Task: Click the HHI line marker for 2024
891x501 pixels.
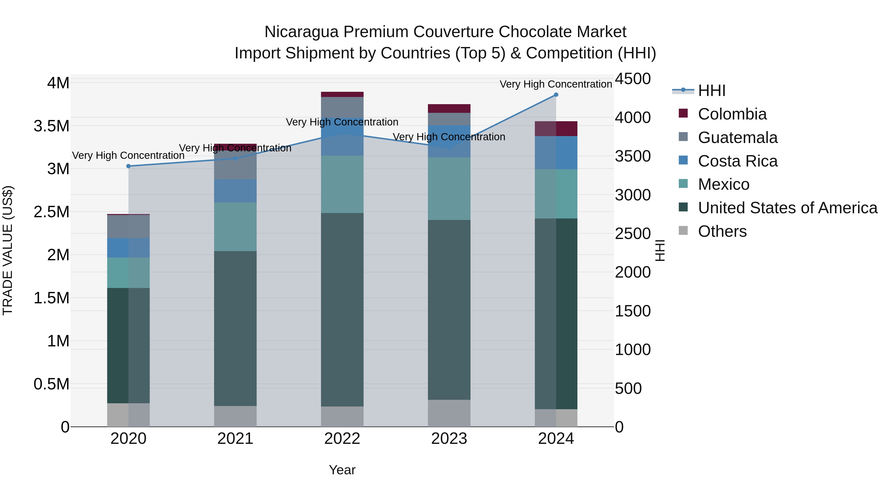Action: tap(556, 95)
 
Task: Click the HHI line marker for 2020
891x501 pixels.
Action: tap(128, 166)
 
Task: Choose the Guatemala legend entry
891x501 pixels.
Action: tap(738, 138)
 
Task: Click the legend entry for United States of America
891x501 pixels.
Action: tap(787, 208)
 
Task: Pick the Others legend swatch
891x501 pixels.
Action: tap(683, 231)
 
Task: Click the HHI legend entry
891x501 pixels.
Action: tap(712, 91)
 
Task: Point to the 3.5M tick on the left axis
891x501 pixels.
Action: tap(51, 126)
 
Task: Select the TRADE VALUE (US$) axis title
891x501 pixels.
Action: tap(8, 250)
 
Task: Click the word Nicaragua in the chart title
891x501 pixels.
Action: tap(301, 32)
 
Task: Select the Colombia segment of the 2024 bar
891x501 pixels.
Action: tap(556, 129)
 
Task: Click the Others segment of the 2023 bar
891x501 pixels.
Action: tap(449, 413)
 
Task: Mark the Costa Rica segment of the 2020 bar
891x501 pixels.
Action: tap(128, 248)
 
